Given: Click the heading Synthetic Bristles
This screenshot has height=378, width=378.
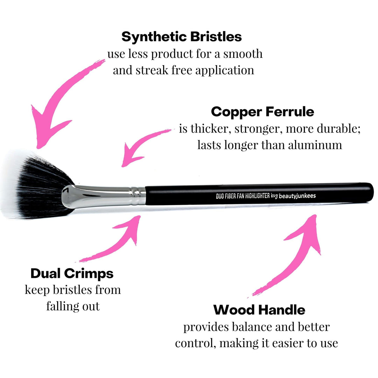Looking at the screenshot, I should point(181,36).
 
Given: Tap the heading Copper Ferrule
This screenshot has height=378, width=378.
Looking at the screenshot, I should point(262,112).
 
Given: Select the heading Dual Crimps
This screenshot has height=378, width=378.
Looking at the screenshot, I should point(72,273).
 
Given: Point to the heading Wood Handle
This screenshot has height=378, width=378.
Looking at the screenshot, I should point(259,310).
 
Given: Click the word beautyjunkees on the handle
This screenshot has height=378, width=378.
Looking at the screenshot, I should point(297,196).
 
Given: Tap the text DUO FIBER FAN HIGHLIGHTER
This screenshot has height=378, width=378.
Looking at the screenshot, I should point(242,197).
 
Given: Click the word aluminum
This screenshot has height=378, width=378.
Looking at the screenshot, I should point(314,145).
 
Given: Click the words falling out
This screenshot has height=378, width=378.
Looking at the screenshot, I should point(73,306).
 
